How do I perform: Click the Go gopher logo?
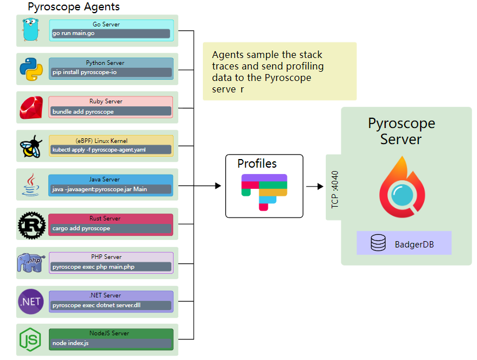[32, 30]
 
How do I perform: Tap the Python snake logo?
[32, 69]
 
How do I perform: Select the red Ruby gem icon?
[32, 107]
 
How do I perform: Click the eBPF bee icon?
[31, 146]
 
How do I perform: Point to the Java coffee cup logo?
[31, 185]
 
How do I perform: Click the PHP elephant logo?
[31, 263]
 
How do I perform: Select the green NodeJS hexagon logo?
[31, 340]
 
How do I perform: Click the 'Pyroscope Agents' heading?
[74, 7]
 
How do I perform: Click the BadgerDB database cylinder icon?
[378, 244]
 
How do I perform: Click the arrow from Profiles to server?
[314, 186]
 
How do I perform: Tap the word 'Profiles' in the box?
[257, 164]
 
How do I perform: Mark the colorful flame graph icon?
[264, 192]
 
